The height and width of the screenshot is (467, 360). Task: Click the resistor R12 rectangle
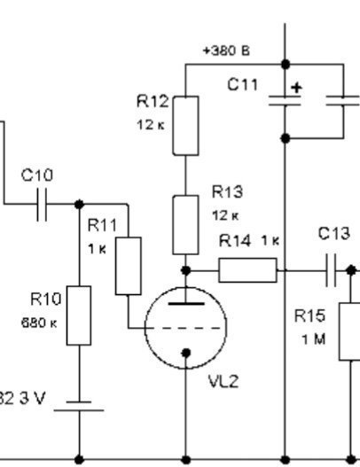(x=185, y=126)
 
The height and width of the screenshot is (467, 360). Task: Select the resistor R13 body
(x=185, y=225)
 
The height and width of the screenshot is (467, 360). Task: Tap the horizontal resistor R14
(x=247, y=270)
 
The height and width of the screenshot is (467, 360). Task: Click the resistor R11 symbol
(x=129, y=266)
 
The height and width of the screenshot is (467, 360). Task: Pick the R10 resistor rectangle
(x=79, y=315)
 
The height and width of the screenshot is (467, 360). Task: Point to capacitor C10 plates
(x=42, y=205)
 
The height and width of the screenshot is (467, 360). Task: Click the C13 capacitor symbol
(x=331, y=270)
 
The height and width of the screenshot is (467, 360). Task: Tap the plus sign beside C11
(x=296, y=88)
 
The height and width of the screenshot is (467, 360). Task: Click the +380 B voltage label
(x=226, y=51)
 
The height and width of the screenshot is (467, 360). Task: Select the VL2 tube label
(x=223, y=381)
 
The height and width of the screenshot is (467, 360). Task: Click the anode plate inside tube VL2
(x=186, y=304)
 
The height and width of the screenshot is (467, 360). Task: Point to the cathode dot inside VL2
(x=185, y=354)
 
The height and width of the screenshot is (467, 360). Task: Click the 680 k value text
(x=39, y=323)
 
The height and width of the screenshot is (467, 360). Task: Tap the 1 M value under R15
(x=313, y=339)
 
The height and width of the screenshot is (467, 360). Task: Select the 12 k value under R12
(x=151, y=125)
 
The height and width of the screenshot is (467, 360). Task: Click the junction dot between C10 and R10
(x=79, y=205)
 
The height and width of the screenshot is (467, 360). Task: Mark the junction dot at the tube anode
(x=185, y=270)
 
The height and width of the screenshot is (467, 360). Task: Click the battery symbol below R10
(x=79, y=406)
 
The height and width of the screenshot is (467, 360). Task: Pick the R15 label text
(x=309, y=316)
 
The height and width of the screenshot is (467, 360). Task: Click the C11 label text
(x=243, y=84)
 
